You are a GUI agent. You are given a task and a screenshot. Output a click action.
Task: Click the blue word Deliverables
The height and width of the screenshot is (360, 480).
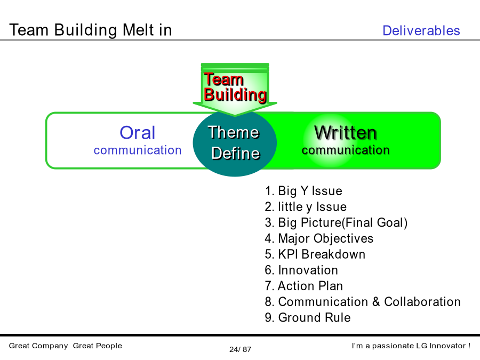(x=421, y=30)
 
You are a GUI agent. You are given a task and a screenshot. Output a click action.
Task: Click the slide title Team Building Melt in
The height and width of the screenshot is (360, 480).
(x=91, y=30)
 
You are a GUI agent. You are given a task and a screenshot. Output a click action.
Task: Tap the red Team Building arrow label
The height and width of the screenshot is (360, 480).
(x=235, y=87)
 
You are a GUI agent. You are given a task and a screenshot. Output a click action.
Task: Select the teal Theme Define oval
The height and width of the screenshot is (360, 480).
(x=235, y=143)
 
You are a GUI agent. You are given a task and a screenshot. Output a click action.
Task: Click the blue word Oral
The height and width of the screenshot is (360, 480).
(x=138, y=133)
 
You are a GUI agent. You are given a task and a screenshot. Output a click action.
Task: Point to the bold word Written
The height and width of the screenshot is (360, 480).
(x=345, y=133)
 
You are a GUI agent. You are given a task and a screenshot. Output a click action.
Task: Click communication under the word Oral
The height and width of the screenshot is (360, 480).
(x=138, y=150)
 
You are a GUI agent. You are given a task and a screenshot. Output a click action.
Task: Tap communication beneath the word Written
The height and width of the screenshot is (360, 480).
(x=346, y=150)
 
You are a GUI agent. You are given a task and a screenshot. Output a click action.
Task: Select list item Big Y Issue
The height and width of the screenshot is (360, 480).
(x=303, y=191)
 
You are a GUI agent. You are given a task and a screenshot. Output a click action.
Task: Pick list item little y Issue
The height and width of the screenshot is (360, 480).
(x=306, y=206)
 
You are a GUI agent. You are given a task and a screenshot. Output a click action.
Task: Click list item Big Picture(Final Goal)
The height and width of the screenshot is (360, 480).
(x=336, y=222)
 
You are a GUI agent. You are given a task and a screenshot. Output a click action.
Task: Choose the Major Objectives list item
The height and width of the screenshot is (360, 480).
(x=319, y=238)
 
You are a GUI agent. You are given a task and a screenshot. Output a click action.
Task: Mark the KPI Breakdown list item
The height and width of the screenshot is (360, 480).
(x=315, y=254)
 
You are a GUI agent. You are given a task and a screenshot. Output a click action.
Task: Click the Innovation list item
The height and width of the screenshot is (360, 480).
(x=301, y=270)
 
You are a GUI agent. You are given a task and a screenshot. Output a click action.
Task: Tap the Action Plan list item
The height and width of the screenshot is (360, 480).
(x=303, y=286)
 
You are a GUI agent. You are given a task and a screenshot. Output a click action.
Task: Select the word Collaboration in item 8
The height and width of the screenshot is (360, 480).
(x=422, y=302)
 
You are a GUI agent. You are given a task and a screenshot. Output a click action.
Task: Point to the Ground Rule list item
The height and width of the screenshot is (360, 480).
(x=308, y=317)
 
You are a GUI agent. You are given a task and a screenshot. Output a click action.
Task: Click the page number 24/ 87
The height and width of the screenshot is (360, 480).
(x=241, y=349)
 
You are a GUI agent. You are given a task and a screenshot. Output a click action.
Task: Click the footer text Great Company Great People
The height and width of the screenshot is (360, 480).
(x=66, y=346)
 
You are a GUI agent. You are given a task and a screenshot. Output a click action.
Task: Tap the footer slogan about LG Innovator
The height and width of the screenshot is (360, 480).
(x=411, y=346)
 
